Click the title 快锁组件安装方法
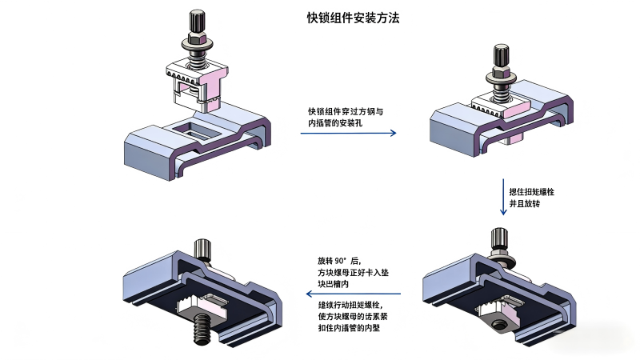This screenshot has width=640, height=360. tap(352, 18)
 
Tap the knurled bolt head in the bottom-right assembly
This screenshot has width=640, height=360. tap(499, 238)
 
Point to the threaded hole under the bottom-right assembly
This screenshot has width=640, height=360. tap(500, 325)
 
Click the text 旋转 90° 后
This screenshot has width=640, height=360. tap(339, 262)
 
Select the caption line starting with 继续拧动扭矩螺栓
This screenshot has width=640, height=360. tap(350, 306)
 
